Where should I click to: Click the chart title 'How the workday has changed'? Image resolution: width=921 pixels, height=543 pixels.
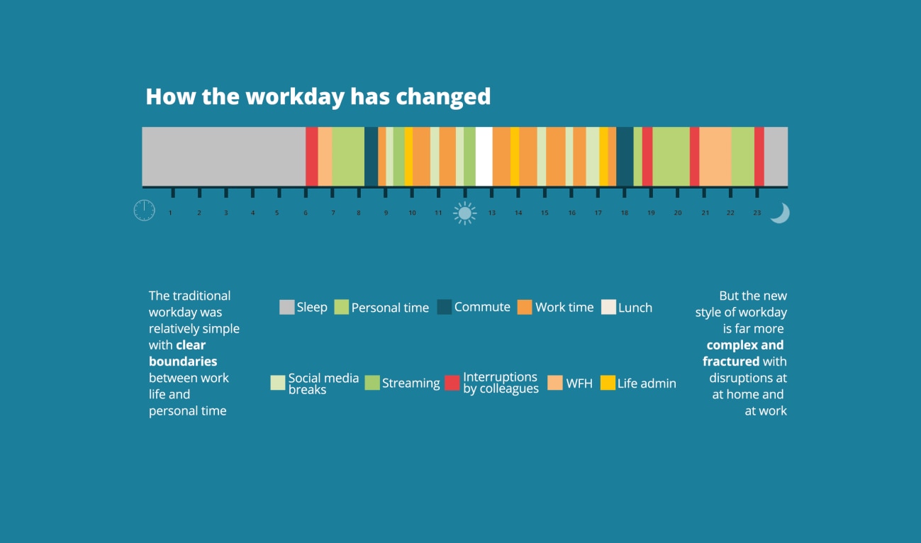[318, 96]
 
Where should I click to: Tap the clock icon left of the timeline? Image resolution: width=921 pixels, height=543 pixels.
[144, 211]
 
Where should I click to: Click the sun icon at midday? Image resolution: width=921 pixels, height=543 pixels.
[465, 213]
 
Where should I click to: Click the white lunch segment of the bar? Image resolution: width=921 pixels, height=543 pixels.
[484, 156]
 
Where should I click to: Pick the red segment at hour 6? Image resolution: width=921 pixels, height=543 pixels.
[311, 156]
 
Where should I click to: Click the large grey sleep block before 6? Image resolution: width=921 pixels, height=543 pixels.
[223, 156]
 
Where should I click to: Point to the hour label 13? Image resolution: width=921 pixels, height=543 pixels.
[491, 213]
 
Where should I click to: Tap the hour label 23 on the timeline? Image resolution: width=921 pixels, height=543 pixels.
[757, 213]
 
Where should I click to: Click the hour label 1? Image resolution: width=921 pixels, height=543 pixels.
[170, 213]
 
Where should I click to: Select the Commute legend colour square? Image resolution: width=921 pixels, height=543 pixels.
[445, 307]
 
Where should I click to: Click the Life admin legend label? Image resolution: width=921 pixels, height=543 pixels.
[647, 384]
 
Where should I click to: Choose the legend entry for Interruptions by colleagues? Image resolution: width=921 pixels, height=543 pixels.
[501, 383]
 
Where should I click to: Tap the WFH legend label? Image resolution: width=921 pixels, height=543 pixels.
[579, 384]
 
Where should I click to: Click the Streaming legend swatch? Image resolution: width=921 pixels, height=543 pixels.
[372, 383]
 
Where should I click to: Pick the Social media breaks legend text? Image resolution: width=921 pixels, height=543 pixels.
[323, 384]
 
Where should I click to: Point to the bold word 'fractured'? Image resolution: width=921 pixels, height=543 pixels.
[731, 362]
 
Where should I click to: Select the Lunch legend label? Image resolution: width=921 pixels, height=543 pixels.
[635, 308]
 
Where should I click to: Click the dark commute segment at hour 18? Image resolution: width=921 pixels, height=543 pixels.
[625, 156]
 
